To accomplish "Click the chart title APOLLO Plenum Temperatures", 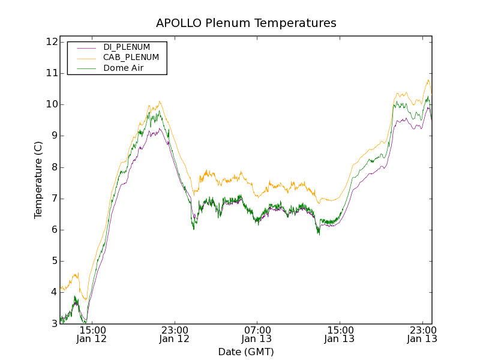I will [246, 23].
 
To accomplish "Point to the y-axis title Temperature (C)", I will [38, 180].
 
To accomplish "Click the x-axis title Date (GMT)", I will [246, 352].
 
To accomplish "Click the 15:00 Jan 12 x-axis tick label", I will [92, 334].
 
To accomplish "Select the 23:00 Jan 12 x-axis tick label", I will [175, 334].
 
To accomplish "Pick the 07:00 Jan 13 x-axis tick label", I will [257, 334].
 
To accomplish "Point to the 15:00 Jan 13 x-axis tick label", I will [340, 334].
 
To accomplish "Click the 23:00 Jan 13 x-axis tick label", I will [422, 334].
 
